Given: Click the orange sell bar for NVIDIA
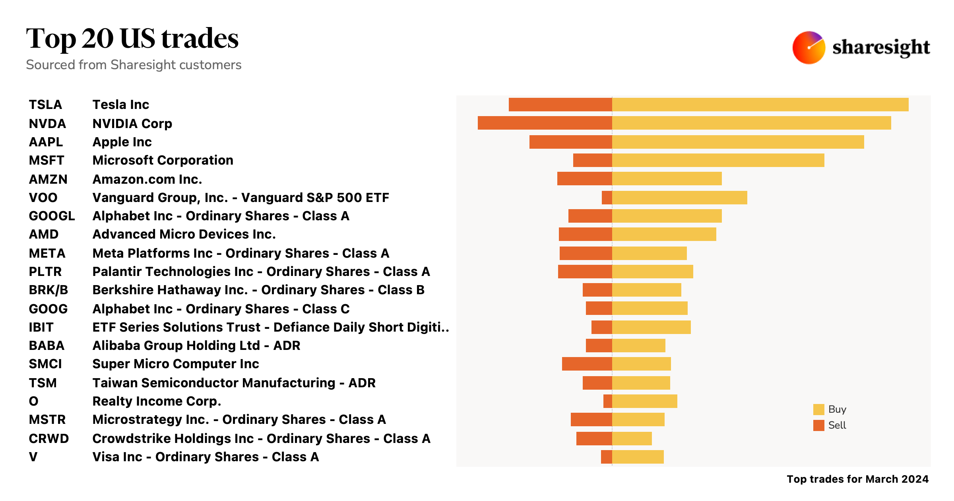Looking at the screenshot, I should (x=545, y=123).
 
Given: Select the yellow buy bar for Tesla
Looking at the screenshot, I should (x=760, y=105).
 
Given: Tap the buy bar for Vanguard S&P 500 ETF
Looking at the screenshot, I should (x=679, y=198).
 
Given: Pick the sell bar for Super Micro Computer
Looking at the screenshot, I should (x=587, y=364).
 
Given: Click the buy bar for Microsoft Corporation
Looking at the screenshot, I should (x=718, y=160).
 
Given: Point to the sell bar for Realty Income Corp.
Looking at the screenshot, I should (x=607, y=401).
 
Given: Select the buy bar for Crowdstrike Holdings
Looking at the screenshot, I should (x=632, y=439).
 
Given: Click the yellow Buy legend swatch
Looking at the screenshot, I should (x=818, y=410).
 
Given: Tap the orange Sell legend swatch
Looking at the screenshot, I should (x=818, y=425).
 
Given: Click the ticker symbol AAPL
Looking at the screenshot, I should (x=46, y=142).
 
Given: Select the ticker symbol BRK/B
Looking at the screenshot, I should (x=48, y=290).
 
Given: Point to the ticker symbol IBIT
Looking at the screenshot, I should (x=41, y=327).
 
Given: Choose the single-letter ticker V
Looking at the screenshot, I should (x=33, y=457).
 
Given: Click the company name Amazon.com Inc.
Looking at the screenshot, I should (x=147, y=179).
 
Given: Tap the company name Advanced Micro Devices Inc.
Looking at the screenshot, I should (x=184, y=234).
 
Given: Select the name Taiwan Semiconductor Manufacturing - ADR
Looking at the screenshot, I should (x=234, y=383).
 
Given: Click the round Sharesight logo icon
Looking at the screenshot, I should (x=809, y=48).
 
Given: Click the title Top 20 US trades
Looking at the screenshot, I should (x=132, y=39).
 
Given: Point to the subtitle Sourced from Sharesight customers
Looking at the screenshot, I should (x=134, y=65).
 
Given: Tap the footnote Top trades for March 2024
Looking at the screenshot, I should (x=857, y=479).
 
